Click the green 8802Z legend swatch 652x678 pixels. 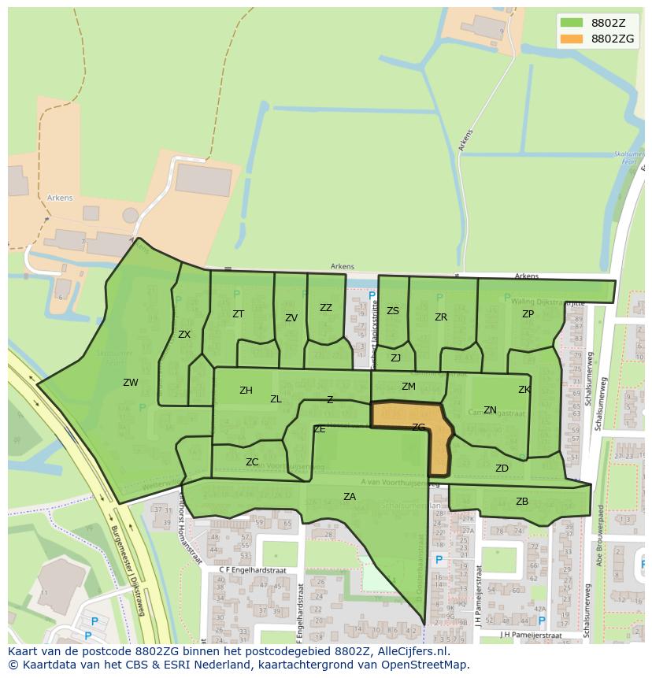click(572, 22)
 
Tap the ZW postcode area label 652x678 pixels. click(131, 383)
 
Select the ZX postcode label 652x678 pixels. click(184, 334)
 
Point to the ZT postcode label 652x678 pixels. click(238, 313)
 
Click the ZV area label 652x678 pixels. click(291, 318)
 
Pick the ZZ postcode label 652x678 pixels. click(326, 308)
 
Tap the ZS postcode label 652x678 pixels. click(393, 311)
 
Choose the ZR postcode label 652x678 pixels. click(441, 317)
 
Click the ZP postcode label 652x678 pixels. click(528, 313)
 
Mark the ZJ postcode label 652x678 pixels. click(396, 358)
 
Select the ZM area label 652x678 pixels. click(408, 387)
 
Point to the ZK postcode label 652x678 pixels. click(524, 390)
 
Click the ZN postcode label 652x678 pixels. click(490, 410)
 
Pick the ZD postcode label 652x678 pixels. click(502, 469)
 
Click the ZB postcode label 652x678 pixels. click(522, 502)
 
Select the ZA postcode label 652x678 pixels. click(350, 496)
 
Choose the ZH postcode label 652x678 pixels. click(246, 391)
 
